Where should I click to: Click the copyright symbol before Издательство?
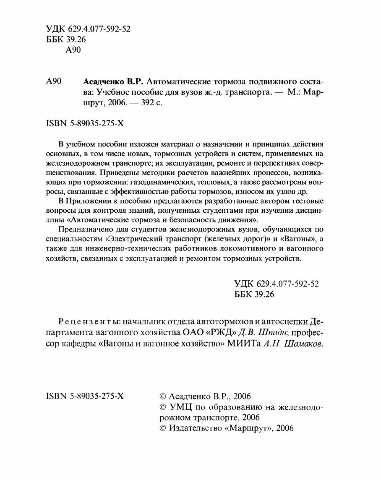(x=163, y=428)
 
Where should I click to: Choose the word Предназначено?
(x=84, y=229)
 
